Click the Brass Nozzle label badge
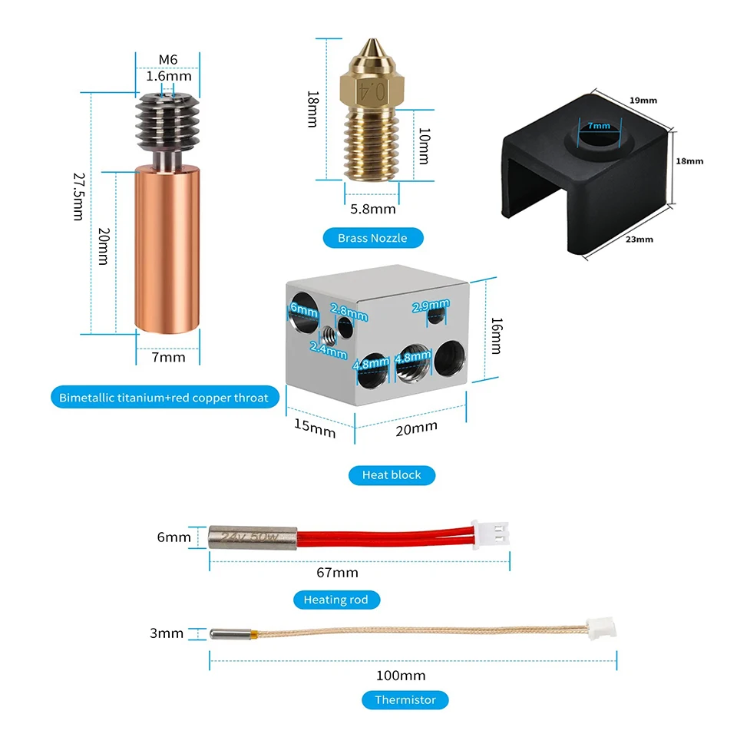pyautogui.click(x=373, y=238)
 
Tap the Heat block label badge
pyautogui.click(x=392, y=474)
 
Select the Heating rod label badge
pyautogui.click(x=336, y=600)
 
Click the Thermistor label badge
pyautogui.click(x=405, y=700)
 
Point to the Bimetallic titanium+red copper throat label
pyautogui.click(x=164, y=398)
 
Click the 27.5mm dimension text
pyautogui.click(x=79, y=197)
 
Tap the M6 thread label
pyautogui.click(x=168, y=60)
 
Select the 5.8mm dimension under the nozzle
pyautogui.click(x=373, y=209)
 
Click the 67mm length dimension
pyautogui.click(x=338, y=573)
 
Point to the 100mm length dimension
pyautogui.click(x=401, y=676)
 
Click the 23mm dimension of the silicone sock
pyautogui.click(x=640, y=240)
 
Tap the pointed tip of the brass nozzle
pyautogui.click(x=373, y=39)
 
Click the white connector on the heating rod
pyautogui.click(x=491, y=535)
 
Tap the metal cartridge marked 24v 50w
pyautogui.click(x=253, y=537)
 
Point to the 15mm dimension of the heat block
pyautogui.click(x=315, y=428)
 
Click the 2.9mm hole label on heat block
pyautogui.click(x=431, y=306)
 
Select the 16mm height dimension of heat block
pyautogui.click(x=497, y=335)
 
